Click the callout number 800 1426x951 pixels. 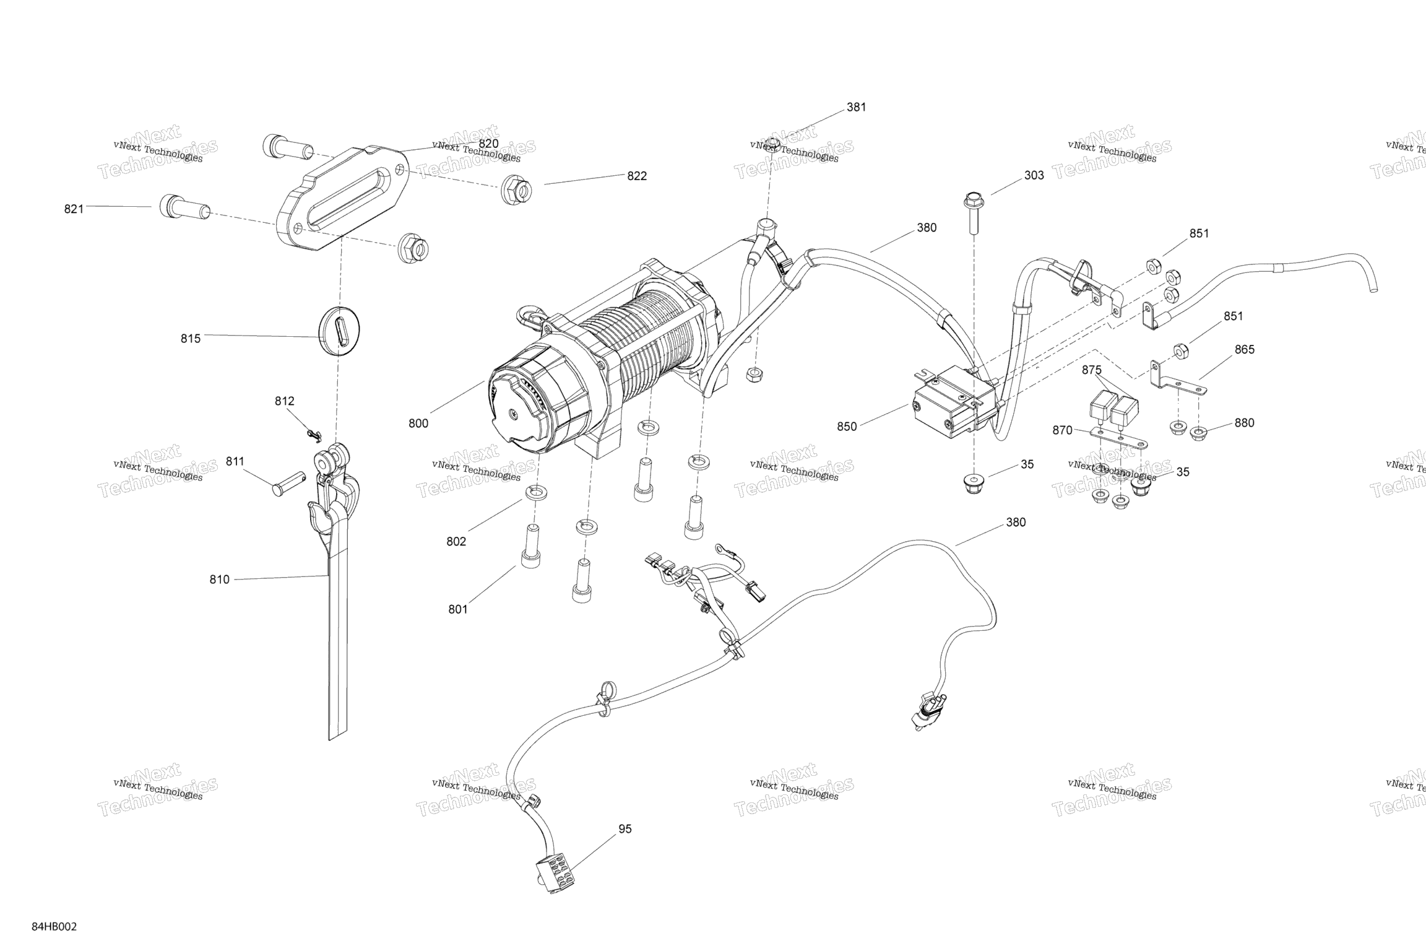(x=418, y=423)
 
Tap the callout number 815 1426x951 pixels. (x=191, y=339)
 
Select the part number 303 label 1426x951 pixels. (x=1034, y=175)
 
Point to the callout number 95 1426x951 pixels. (x=625, y=829)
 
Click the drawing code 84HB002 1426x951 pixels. (x=54, y=927)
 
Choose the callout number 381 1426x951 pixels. (x=856, y=107)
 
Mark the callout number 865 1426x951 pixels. (x=1244, y=349)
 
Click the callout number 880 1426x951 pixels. (x=1244, y=423)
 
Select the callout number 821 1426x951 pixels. (x=74, y=209)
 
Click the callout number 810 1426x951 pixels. (x=219, y=580)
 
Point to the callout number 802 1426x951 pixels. (x=456, y=541)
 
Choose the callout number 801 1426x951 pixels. (x=457, y=609)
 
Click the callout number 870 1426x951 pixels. (x=1062, y=430)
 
